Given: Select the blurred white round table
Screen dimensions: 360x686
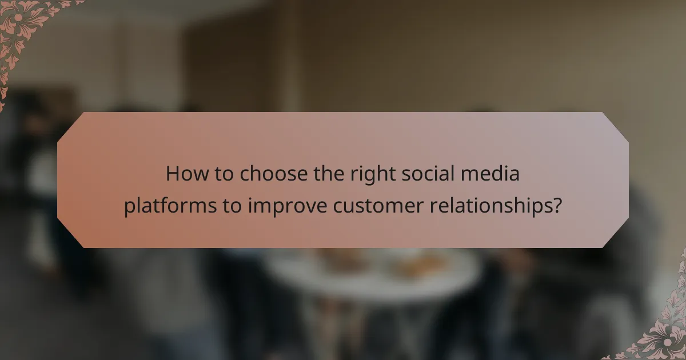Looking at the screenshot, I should tap(372, 274).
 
